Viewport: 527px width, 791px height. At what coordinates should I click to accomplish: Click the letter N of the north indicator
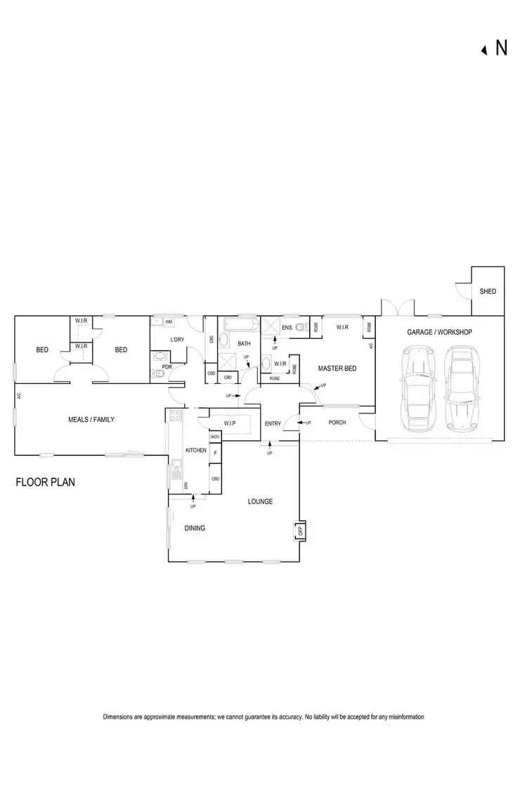coord(502,48)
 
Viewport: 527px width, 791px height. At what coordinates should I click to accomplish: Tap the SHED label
coord(488,291)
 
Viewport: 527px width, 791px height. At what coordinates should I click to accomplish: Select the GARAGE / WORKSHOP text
coord(440,332)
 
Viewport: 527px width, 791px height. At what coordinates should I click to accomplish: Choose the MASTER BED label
coord(334,368)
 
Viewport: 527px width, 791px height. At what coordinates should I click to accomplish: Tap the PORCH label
coord(337,423)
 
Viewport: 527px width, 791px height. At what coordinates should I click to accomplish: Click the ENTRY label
coord(273,423)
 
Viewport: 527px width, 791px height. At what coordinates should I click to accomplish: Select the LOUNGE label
coord(260,501)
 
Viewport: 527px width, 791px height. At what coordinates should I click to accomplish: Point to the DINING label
coord(195,528)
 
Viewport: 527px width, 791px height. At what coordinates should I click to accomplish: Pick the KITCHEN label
coord(195,450)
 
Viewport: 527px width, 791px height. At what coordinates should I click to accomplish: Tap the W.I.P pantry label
coord(229,423)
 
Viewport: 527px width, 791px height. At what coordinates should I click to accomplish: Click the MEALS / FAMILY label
coord(91,420)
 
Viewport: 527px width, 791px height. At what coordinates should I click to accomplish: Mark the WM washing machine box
coord(169,322)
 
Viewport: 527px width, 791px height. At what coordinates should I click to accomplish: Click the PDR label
coord(167,366)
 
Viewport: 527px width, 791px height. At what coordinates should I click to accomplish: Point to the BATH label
coord(244,344)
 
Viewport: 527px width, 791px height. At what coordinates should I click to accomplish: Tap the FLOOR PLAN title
coord(45,483)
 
